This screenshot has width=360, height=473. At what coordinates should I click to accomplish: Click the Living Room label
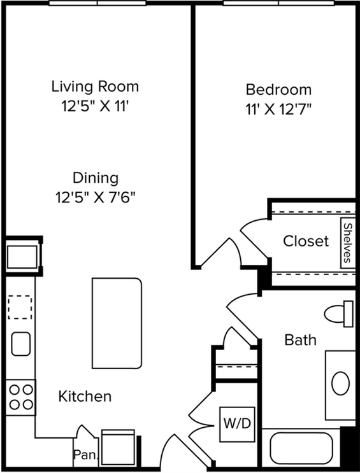point(95,87)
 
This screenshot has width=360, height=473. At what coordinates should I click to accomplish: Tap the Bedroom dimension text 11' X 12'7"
point(278,109)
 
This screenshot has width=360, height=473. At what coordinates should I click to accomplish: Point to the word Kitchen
point(85,396)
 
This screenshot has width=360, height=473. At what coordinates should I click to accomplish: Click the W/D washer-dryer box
point(238,424)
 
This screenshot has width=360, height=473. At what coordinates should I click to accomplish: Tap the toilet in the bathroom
point(339,314)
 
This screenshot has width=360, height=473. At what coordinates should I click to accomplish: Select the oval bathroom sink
point(341,383)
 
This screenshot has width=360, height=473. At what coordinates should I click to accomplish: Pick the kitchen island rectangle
point(117,323)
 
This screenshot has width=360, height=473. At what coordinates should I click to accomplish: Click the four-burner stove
point(21,397)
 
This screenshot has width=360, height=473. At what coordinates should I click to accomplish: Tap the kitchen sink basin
point(21,344)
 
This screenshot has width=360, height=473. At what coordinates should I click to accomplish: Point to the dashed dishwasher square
point(20,307)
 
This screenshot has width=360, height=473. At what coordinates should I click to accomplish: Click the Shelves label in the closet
point(348,243)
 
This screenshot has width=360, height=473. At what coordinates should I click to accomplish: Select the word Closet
point(306,241)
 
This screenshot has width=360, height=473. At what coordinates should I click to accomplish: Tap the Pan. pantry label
point(86,454)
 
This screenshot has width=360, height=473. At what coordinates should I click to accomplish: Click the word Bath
point(301,340)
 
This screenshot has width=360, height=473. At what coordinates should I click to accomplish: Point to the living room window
point(97,3)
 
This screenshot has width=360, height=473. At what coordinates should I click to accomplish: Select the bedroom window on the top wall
point(278,3)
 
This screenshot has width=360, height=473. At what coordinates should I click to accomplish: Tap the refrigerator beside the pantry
point(118,448)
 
